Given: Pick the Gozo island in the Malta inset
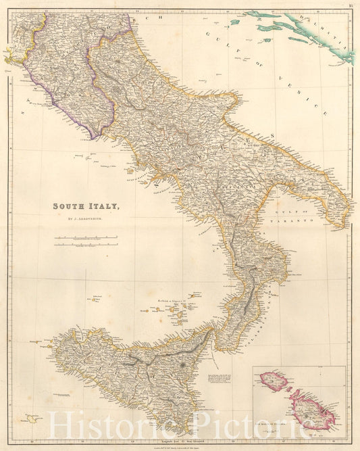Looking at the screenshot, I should [x=274, y=382].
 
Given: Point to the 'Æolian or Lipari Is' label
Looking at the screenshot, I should [x=172, y=297].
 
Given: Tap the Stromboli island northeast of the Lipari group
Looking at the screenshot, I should [x=195, y=295].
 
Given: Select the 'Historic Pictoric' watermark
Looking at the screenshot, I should [x=180, y=425].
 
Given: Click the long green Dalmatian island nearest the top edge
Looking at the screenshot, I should [x=270, y=14].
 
